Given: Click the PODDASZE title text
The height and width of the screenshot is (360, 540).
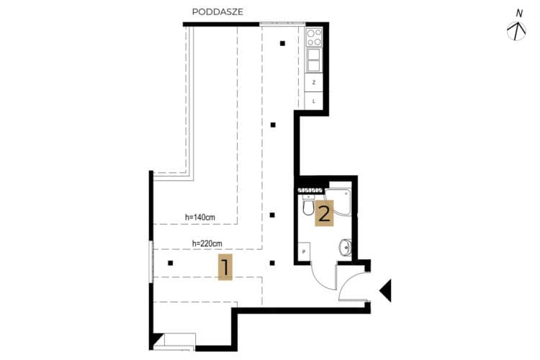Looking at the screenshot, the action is coord(217,12).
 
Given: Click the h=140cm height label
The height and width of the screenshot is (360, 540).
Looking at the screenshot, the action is coord(200,217).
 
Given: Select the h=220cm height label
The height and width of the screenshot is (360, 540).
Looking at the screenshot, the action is coord(207,243).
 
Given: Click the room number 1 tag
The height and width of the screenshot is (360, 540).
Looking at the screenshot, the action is coord(225,267).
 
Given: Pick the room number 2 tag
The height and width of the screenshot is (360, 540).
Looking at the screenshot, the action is coord(325,213).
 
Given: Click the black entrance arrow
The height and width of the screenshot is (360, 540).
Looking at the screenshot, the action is coord(386,290).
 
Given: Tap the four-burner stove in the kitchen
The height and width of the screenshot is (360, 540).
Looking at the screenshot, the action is coord(314,37).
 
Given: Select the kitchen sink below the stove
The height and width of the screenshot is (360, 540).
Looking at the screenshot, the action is coord(314,60).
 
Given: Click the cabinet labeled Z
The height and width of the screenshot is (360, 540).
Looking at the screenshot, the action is coord(314,83).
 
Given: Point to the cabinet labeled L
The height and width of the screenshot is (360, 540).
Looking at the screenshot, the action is coord(314,102).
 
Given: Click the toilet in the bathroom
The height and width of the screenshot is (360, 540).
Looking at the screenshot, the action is coord(308,204).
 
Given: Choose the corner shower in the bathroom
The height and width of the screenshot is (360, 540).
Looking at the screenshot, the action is coord(338,202).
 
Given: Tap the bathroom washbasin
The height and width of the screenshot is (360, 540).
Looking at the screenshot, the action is coord(346,248).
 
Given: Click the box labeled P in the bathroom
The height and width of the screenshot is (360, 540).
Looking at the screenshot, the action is coord(304,251).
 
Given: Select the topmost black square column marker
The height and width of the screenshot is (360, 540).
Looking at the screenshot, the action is coord(282,43).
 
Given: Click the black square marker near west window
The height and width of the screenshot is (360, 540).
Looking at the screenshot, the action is coord(170,264).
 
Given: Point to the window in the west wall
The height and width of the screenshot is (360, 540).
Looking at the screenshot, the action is coord(151,261).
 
